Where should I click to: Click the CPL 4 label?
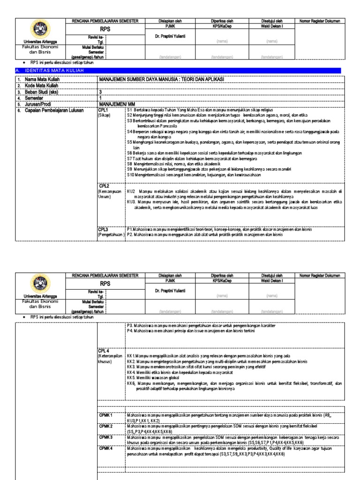point(104,350)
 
